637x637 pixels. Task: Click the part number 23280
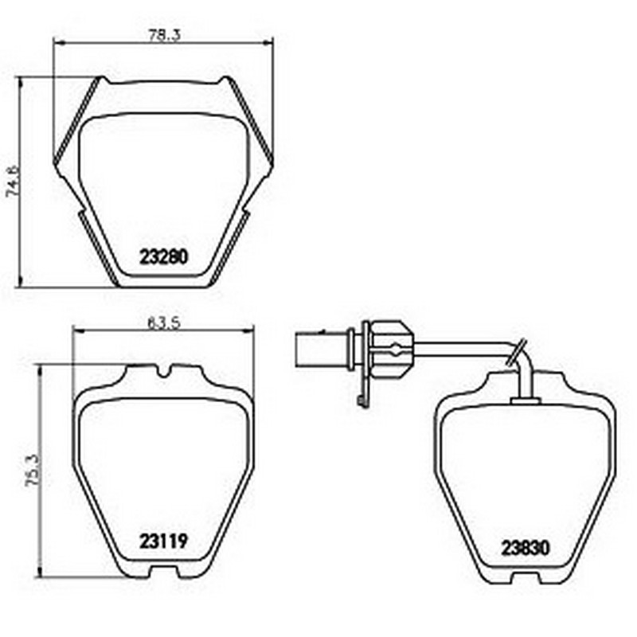click(164, 257)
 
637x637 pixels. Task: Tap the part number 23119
click(164, 541)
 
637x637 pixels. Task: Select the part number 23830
click(526, 548)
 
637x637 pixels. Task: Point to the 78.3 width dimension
click(164, 36)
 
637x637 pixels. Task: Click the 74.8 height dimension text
click(13, 182)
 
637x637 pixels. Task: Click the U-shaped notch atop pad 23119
click(164, 370)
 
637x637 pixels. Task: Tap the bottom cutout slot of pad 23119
click(164, 572)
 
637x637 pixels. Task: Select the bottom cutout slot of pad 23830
click(526, 577)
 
